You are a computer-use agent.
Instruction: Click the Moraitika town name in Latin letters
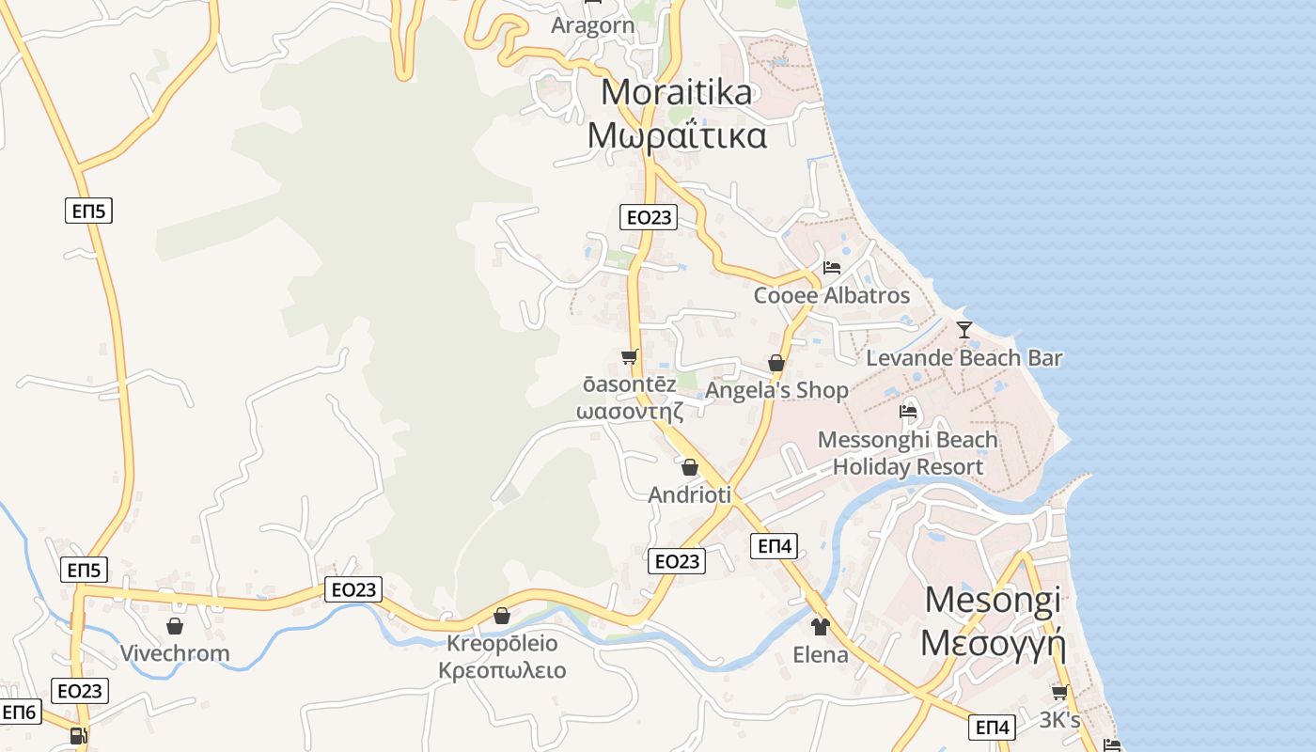coord(677,92)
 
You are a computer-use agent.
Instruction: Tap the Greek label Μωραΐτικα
coord(677,135)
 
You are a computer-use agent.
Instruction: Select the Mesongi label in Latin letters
coord(993,600)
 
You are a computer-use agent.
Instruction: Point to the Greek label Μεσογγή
coord(993,644)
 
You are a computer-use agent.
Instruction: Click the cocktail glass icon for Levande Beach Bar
coord(963,330)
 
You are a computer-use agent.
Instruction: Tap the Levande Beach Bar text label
coord(963,358)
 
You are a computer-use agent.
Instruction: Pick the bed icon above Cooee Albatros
coord(831,268)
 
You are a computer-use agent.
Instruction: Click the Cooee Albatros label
coord(831,296)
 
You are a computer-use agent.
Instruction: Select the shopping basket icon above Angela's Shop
coord(776,363)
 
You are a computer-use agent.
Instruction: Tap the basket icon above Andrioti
coord(690,467)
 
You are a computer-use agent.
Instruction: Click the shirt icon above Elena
coord(821,626)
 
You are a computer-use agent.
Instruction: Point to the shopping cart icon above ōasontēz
coord(629,356)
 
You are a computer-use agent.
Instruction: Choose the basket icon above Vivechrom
coord(175,626)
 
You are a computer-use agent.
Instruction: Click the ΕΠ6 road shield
coord(19,713)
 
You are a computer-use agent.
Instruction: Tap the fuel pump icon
coord(78,736)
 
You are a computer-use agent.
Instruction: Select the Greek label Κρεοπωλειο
coord(502,671)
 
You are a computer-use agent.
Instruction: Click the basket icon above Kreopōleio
coord(502,616)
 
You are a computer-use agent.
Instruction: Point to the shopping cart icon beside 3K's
coord(1059,693)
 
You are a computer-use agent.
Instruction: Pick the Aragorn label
coord(592,25)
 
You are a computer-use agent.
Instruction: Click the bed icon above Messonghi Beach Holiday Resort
coord(907,411)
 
